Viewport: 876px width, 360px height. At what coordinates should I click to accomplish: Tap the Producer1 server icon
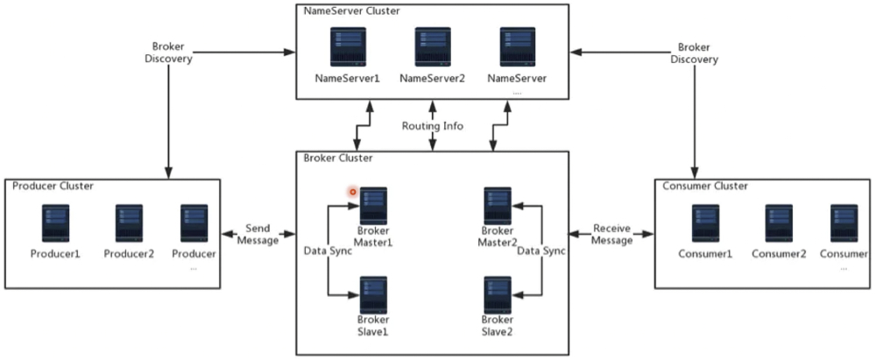coord(56,224)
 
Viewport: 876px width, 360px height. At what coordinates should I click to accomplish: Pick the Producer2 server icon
coord(129,224)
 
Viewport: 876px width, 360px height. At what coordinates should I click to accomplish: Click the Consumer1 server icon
coord(705,224)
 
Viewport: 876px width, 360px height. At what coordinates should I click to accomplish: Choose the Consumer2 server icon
coord(779,224)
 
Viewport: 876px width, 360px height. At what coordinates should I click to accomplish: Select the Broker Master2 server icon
coord(498,206)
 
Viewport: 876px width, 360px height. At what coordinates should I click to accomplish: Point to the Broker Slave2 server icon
coord(498,295)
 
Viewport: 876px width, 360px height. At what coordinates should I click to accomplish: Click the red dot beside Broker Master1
coord(353,191)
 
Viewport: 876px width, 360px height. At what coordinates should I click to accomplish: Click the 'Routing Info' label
coord(432,125)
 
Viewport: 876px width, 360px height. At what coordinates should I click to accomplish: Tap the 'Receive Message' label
coord(611,233)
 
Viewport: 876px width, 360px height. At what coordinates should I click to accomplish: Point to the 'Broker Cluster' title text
coord(338,158)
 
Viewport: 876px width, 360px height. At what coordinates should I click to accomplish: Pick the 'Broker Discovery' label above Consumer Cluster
coord(695,53)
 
